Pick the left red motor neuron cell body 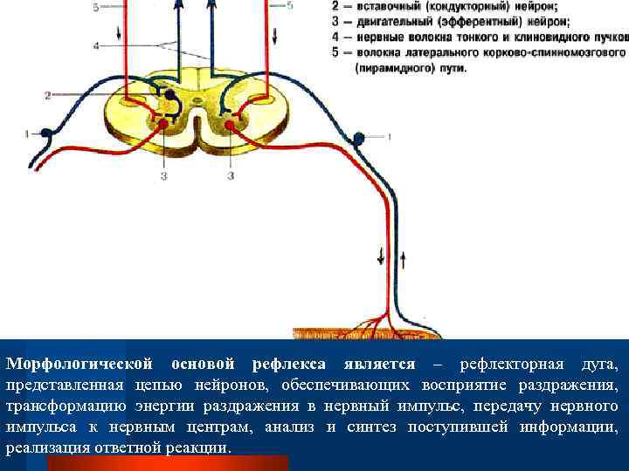(162, 126)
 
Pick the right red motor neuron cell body (230, 126)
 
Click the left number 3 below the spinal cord (162, 176)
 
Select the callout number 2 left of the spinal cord (48, 93)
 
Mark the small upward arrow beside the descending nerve (403, 258)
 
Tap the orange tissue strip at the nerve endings (367, 333)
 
